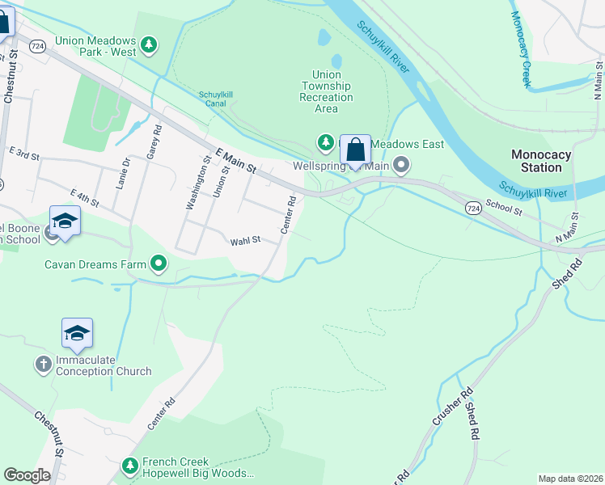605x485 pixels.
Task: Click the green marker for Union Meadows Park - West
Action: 148,45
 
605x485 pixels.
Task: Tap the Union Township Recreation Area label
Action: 326,91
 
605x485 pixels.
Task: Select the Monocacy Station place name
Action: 541,161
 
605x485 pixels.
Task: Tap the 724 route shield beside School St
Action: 474,208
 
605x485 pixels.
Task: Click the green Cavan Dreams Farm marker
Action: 159,264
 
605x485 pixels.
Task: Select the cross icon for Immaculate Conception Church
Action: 43,365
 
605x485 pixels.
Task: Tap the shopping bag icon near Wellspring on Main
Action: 355,150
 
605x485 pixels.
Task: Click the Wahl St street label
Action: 245,241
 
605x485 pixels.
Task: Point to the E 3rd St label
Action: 24,153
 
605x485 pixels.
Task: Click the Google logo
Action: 27,475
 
